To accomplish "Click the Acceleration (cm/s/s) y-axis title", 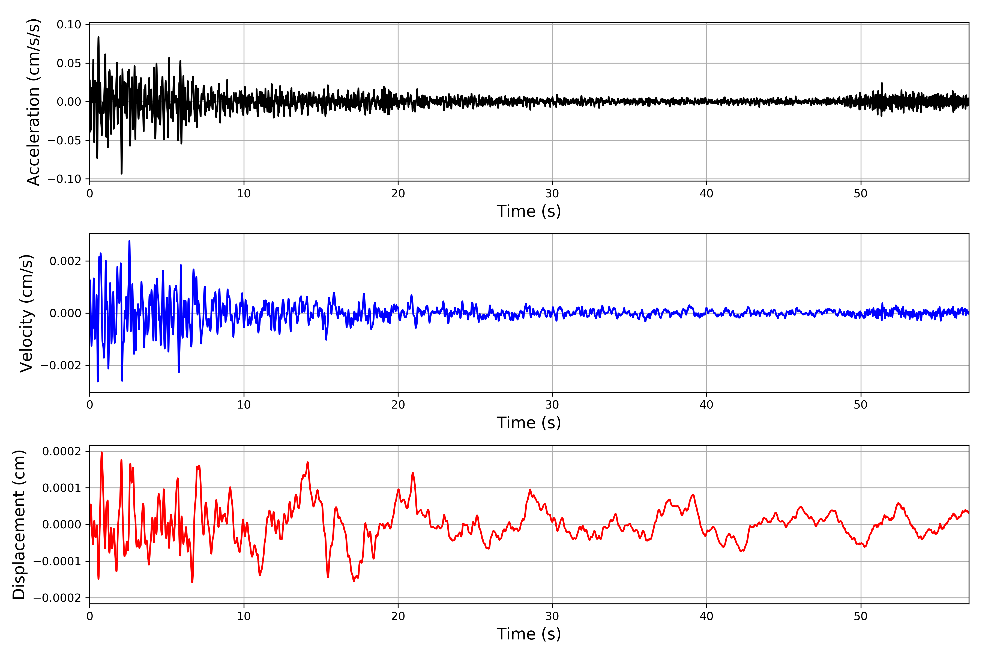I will coord(33,102).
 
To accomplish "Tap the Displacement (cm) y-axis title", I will coord(19,524).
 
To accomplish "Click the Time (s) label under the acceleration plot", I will coord(529,211).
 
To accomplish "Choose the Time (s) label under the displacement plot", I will coord(529,634).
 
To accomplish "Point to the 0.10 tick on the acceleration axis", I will coord(69,25).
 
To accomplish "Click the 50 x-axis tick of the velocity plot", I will coord(861,405).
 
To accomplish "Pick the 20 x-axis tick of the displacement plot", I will coord(398,616).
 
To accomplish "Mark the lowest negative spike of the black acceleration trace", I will coord(121,173).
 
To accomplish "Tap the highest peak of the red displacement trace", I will coord(102,452).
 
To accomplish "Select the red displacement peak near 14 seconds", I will coord(308,462).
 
